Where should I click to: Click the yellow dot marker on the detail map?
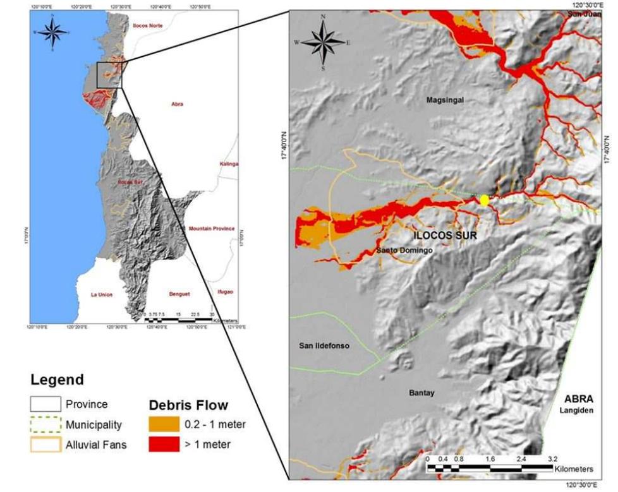click(x=485, y=200)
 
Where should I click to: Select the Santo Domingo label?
click(x=404, y=251)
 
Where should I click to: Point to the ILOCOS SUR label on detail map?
click(x=444, y=236)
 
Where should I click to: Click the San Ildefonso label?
click(x=324, y=346)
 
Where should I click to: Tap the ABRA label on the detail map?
click(x=579, y=399)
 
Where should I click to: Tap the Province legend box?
click(x=45, y=404)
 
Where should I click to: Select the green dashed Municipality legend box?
click(x=45, y=425)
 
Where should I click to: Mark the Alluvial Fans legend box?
click(x=45, y=445)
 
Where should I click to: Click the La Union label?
click(x=102, y=294)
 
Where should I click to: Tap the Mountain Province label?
click(x=211, y=229)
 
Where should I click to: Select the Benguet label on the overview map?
click(x=179, y=294)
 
